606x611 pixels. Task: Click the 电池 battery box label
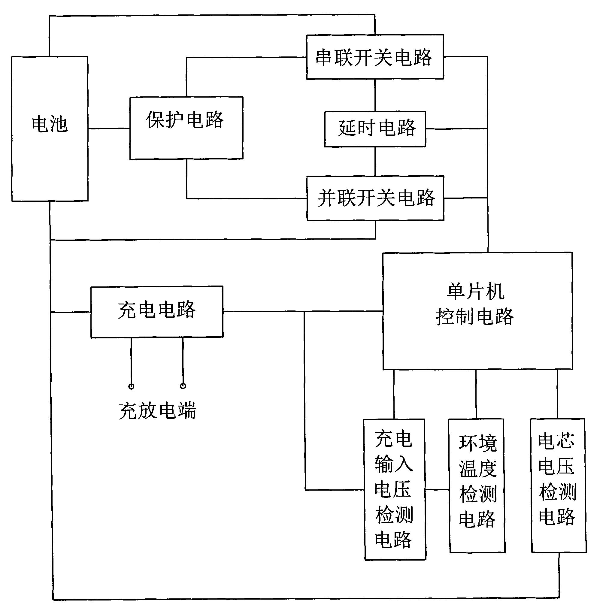[x=50, y=124]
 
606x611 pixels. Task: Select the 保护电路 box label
[x=185, y=120]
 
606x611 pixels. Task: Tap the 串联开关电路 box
[x=374, y=57]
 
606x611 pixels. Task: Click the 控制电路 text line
[x=475, y=316]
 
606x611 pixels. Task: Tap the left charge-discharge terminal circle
[x=131, y=386]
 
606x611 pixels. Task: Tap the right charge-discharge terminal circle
[x=183, y=386]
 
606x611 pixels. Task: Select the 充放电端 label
[x=158, y=411]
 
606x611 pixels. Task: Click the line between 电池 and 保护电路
[x=109, y=129]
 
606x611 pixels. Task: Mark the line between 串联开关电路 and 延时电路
[x=375, y=95]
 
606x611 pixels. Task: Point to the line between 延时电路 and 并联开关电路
[x=375, y=161]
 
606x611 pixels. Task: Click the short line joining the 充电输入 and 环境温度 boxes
[x=437, y=490]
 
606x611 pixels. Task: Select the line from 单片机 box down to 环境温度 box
[x=476, y=394]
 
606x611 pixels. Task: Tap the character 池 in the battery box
[x=59, y=124]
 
